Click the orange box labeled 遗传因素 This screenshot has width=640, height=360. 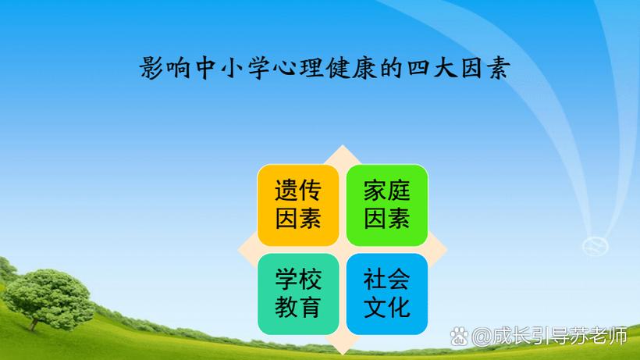coord(298,205)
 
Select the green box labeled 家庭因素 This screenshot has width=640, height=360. coord(387,205)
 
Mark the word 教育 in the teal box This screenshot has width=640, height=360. coord(298,307)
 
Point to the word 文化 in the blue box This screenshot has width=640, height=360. coord(387,307)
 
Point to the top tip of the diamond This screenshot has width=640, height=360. coord(343,148)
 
